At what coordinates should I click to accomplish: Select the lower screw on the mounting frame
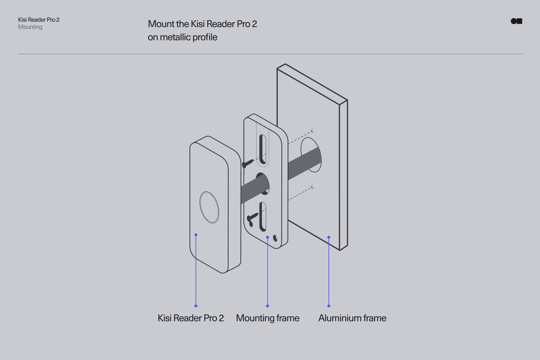252,218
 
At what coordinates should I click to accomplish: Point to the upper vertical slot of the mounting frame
263,149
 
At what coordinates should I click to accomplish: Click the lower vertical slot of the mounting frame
263,216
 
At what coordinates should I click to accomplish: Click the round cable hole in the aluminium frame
310,154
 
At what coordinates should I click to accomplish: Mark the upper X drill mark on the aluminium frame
312,130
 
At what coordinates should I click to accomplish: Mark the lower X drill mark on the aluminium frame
312,187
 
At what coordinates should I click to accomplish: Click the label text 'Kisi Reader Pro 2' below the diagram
191,318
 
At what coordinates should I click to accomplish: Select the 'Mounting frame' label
267,318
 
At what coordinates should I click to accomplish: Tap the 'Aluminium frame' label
352,318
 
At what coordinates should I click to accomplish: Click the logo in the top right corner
516,21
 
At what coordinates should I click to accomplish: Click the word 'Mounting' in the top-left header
30,27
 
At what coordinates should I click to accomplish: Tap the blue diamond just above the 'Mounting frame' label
267,306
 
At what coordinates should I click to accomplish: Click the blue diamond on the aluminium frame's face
329,237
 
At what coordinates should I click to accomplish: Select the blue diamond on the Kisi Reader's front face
196,235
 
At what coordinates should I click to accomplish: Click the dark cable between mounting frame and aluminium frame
303,161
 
